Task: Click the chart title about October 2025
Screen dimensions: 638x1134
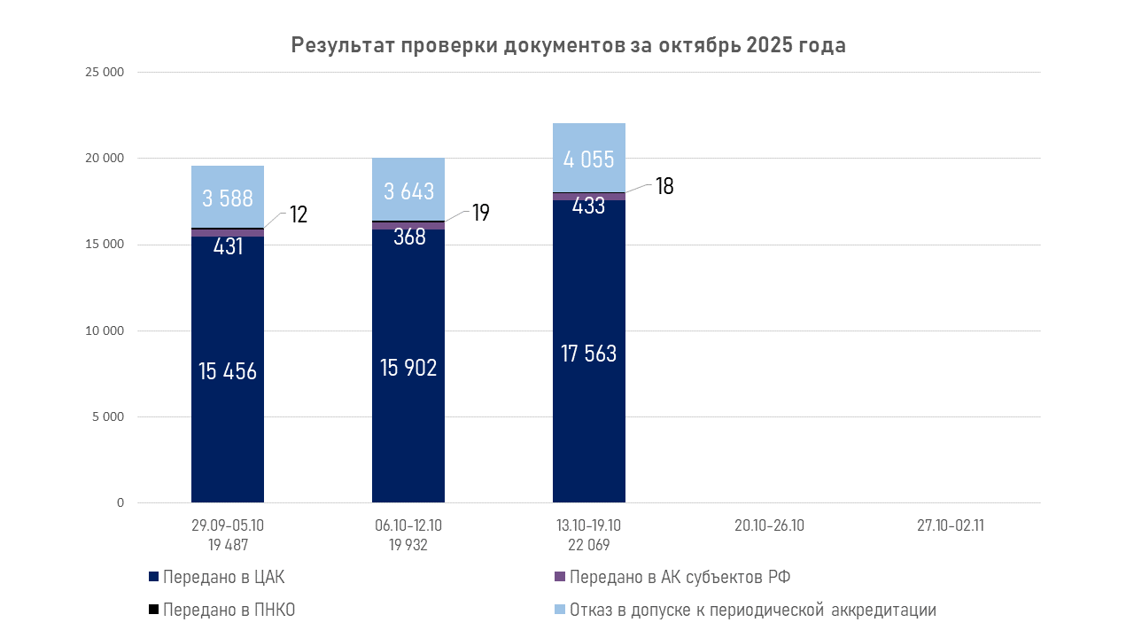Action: point(568,46)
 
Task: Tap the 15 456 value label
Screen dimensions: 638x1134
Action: point(228,370)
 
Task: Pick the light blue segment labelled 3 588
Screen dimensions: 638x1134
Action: point(228,198)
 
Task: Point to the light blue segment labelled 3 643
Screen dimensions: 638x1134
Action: point(408,191)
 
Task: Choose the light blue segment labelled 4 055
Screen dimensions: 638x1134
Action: point(589,159)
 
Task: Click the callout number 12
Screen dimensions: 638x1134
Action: point(298,214)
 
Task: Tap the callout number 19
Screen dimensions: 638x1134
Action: point(480,213)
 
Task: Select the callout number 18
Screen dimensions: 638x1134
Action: point(664,186)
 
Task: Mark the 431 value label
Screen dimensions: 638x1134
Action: point(228,246)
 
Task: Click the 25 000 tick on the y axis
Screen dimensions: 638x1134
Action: point(105,73)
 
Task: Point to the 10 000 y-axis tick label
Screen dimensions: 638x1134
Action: point(105,331)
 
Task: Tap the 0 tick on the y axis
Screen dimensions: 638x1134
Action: point(120,503)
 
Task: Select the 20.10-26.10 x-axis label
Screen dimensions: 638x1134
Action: point(769,525)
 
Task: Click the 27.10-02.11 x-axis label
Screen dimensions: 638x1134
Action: point(951,525)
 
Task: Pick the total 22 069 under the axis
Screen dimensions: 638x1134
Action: point(589,545)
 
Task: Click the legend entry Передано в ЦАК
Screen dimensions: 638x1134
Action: point(223,578)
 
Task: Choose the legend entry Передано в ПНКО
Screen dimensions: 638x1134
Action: point(229,611)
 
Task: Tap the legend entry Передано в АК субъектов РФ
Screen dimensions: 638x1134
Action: point(680,578)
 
